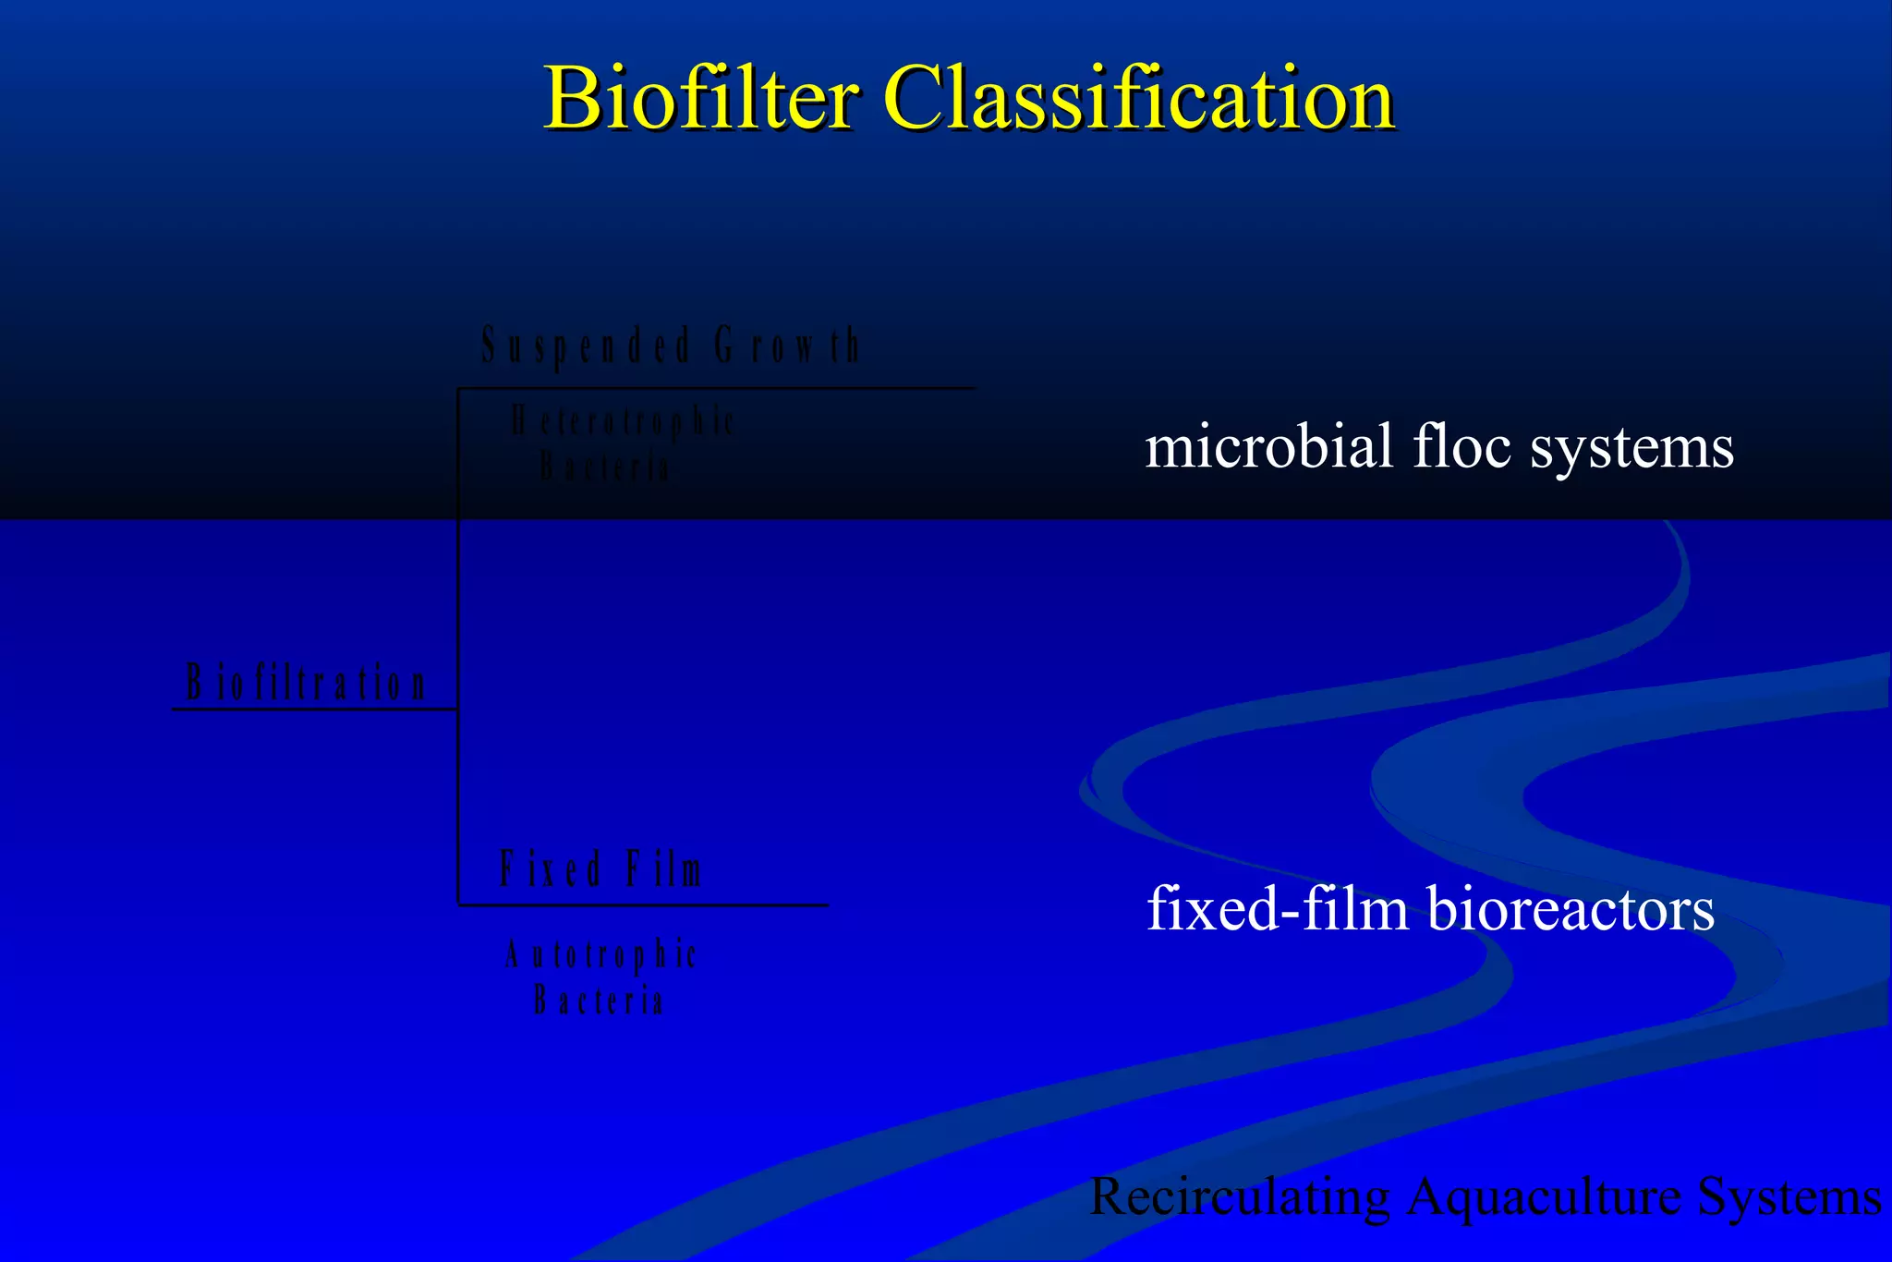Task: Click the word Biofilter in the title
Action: (x=700, y=98)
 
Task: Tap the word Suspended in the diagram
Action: (x=586, y=346)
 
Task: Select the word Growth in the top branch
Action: (x=787, y=346)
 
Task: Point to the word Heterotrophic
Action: (x=623, y=422)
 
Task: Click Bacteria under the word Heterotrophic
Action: (x=604, y=467)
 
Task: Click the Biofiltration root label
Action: (x=306, y=684)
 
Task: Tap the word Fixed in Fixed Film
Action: (x=551, y=869)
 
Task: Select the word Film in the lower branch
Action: (x=664, y=869)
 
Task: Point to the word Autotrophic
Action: (x=600, y=955)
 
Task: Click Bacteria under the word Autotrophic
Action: (x=599, y=1000)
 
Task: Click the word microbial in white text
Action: (x=1268, y=447)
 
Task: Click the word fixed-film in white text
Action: (x=1278, y=909)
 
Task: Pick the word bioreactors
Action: (x=1571, y=909)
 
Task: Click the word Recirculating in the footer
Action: (x=1240, y=1197)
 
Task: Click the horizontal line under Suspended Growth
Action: (x=716, y=388)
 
